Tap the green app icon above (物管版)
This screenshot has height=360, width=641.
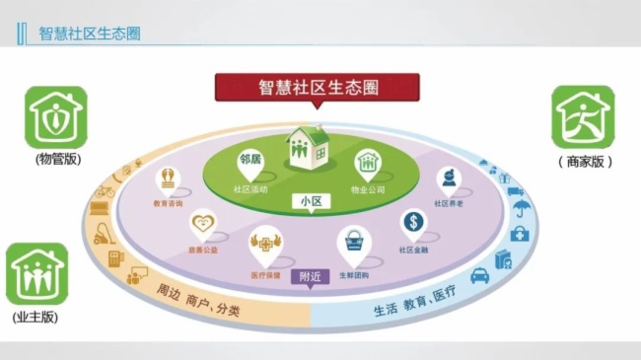pyautogui.click(x=57, y=116)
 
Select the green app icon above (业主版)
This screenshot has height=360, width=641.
pyautogui.click(x=37, y=273)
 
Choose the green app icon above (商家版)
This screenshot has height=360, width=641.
pyautogui.click(x=582, y=116)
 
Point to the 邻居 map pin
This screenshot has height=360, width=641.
pyautogui.click(x=250, y=160)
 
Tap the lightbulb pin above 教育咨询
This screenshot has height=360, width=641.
pyautogui.click(x=170, y=179)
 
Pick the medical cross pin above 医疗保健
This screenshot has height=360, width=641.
pyautogui.click(x=264, y=240)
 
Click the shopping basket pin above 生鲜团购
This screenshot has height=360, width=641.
pyautogui.click(x=352, y=240)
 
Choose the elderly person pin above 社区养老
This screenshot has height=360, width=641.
pyautogui.click(x=449, y=180)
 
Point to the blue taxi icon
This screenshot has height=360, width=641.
pyautogui.click(x=480, y=276)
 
